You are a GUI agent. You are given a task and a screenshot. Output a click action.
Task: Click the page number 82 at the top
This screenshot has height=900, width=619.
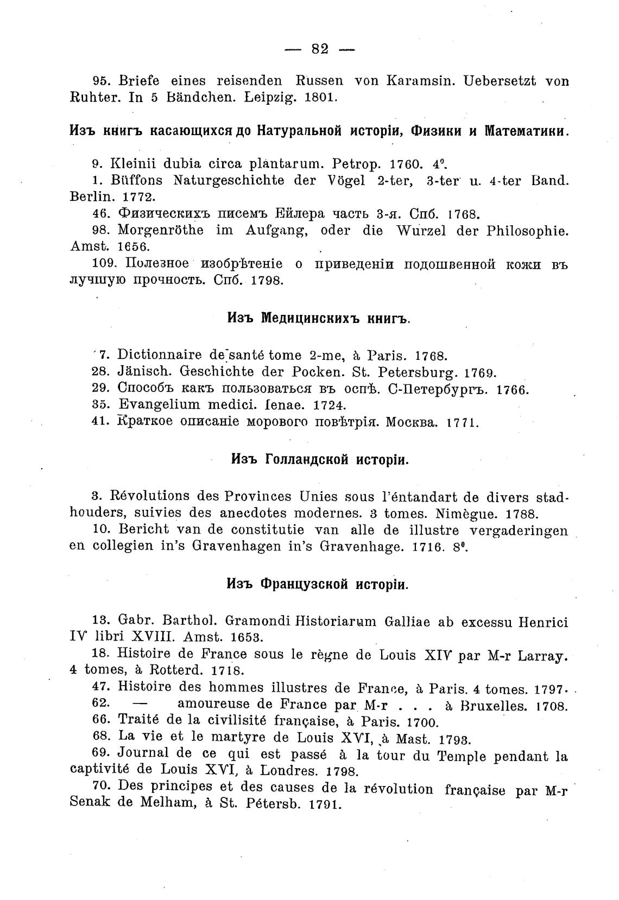tap(320, 49)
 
